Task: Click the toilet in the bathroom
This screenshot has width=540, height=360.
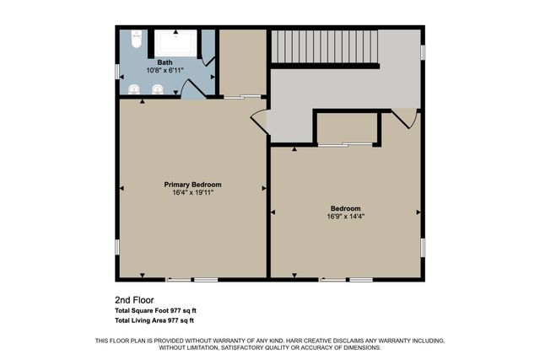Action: [138, 40]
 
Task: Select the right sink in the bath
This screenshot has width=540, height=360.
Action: [158, 89]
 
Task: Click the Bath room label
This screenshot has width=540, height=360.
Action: [165, 62]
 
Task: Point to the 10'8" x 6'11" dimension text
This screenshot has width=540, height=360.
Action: [165, 70]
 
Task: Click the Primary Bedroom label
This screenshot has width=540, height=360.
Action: [193, 184]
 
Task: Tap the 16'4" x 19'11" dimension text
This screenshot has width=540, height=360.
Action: [193, 192]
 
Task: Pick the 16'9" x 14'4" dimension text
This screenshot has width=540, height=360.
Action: [346, 216]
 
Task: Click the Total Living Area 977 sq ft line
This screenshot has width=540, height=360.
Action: [154, 320]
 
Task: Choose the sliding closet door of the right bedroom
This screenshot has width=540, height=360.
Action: [346, 146]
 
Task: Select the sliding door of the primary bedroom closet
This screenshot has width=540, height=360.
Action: [242, 98]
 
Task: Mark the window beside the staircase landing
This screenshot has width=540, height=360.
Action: [423, 51]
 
